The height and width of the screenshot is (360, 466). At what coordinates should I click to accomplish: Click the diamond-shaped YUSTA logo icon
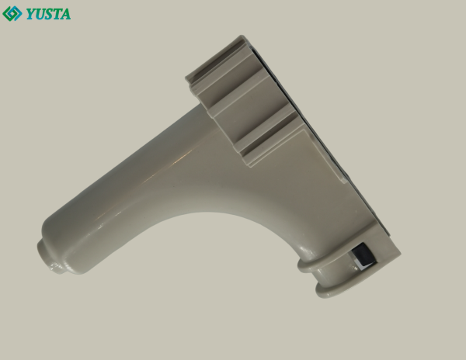(12, 14)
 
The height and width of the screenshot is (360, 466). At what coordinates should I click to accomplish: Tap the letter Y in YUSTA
(30, 14)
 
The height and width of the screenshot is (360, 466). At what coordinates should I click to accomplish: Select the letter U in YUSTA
(40, 14)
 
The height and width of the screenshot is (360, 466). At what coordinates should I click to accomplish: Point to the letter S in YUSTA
(48, 14)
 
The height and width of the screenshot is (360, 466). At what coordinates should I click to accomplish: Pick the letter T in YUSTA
(57, 14)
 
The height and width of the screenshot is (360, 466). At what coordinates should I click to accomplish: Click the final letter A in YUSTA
(66, 14)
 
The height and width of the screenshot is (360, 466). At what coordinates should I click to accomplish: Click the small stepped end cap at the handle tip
(49, 259)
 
